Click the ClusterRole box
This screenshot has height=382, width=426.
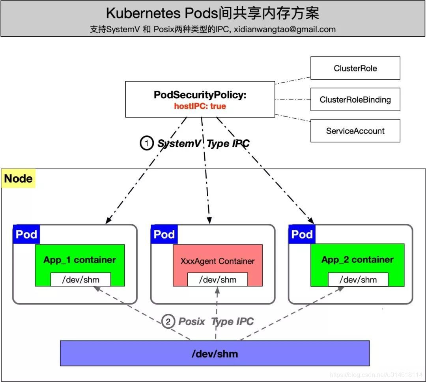tap(355, 68)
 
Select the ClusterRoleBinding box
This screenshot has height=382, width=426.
tap(355, 99)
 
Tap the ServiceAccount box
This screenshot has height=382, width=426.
tap(355, 131)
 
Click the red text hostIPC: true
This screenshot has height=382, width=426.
tap(200, 106)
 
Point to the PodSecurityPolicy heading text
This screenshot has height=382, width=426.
tap(200, 95)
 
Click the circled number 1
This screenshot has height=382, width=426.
tap(147, 143)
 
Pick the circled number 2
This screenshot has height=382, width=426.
tap(168, 322)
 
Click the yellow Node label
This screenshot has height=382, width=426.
tap(18, 179)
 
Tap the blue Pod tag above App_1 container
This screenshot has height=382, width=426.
tap(26, 234)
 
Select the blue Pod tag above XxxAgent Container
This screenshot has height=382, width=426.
tap(164, 234)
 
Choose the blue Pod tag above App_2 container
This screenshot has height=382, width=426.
tap(302, 234)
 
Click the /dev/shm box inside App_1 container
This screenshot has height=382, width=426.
tap(80, 280)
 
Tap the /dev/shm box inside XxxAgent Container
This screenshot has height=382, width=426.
tap(217, 280)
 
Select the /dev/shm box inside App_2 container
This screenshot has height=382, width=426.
tap(358, 280)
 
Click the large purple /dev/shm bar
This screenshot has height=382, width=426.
tap(215, 353)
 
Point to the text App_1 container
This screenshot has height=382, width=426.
tap(80, 260)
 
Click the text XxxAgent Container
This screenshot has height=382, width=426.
tap(217, 261)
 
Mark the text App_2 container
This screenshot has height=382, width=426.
tap(357, 259)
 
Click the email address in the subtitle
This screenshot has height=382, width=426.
tap(284, 29)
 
